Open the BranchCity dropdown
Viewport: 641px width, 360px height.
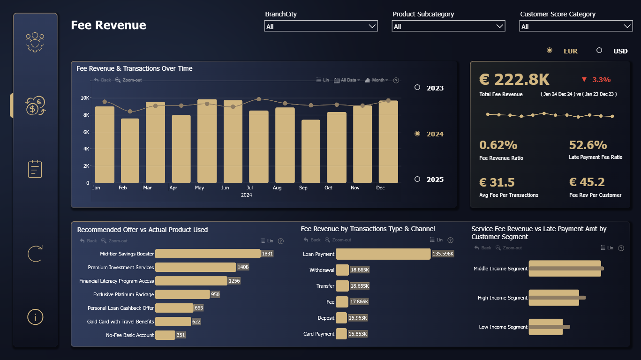pos(321,26)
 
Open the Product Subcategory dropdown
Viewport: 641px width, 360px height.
pos(448,26)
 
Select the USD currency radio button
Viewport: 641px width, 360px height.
pos(599,50)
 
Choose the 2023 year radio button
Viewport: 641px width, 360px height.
pos(417,87)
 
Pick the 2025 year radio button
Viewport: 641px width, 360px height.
pos(417,179)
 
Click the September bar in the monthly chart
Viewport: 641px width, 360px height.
pos(311,151)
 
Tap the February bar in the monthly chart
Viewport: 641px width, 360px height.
pos(130,151)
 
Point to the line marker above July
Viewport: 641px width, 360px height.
pos(259,99)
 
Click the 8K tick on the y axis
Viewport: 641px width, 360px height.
pos(86,115)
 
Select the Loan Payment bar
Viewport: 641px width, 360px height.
pos(383,254)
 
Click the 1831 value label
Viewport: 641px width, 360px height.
pos(267,254)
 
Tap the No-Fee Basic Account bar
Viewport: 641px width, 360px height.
pos(165,335)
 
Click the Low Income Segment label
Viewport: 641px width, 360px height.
pos(503,327)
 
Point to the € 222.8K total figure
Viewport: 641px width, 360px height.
pos(514,79)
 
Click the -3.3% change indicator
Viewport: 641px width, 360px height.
pos(596,80)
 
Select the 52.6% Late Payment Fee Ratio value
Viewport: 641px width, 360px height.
pos(588,145)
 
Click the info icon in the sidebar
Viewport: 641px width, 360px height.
pos(35,317)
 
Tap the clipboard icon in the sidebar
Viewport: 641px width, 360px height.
pos(35,169)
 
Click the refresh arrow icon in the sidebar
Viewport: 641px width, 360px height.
pos(35,254)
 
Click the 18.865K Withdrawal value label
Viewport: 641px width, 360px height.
pos(360,270)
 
